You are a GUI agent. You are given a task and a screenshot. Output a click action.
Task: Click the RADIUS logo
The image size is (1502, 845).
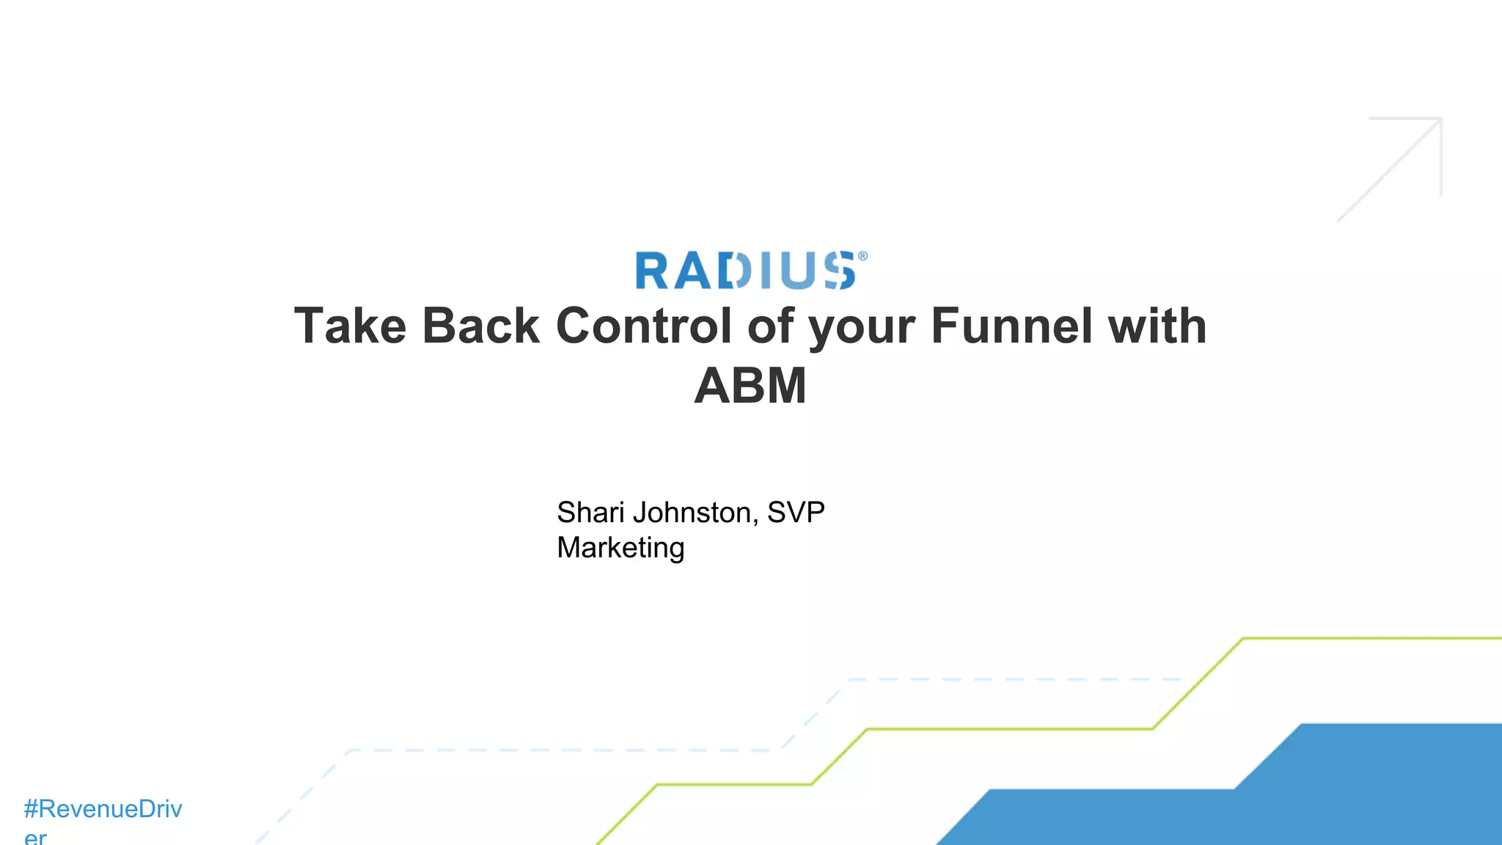pos(745,271)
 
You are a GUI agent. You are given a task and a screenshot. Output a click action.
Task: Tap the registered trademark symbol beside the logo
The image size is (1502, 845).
pos(862,256)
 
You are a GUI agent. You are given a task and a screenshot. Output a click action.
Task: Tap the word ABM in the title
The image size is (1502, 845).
pos(750,386)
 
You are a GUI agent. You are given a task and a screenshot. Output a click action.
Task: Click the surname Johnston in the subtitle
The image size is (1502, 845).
pos(695,513)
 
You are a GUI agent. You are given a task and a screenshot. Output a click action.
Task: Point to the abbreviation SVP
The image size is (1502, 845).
pos(796,513)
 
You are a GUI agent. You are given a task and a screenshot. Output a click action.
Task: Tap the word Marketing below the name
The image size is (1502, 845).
pos(620,548)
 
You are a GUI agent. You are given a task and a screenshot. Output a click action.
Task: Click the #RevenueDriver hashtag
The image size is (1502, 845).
pos(103,809)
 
